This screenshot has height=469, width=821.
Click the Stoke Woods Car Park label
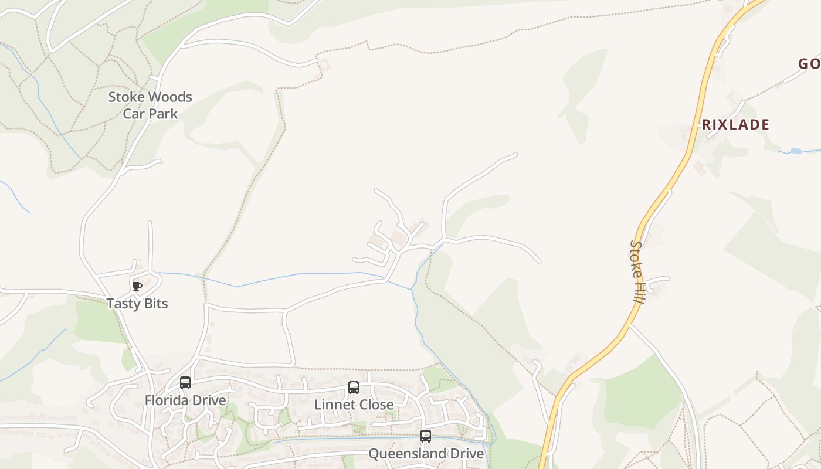(x=150, y=105)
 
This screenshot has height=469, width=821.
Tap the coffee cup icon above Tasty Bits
(x=137, y=286)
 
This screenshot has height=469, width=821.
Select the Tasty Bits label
(x=137, y=303)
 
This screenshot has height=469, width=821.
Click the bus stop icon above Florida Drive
(x=185, y=383)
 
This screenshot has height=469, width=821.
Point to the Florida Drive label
(x=185, y=400)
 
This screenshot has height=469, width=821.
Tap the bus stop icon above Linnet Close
(x=354, y=387)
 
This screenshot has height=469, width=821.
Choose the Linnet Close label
(x=354, y=405)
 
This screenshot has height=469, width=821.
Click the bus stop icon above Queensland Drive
(x=426, y=436)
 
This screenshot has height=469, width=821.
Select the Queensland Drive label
(x=426, y=454)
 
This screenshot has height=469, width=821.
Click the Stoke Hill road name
(x=637, y=271)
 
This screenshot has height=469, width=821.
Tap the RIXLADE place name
(x=735, y=124)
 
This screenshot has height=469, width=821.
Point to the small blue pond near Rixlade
(x=795, y=151)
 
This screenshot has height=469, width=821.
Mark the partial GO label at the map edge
(x=809, y=64)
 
